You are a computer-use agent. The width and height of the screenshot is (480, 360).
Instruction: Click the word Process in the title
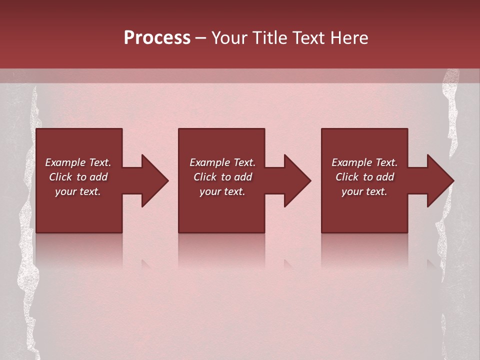click(157, 38)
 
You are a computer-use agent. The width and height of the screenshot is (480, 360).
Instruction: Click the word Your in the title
click(228, 38)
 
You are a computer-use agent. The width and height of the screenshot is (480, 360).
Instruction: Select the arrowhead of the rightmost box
click(440, 181)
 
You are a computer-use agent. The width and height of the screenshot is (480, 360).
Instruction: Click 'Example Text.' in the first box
click(78, 162)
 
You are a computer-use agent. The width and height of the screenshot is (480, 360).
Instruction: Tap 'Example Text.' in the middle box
click(222, 162)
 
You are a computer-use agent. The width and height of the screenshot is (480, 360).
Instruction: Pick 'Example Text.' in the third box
click(364, 162)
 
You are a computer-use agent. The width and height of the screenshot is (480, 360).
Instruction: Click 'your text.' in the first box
click(78, 191)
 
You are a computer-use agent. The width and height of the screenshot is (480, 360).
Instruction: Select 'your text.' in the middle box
click(222, 191)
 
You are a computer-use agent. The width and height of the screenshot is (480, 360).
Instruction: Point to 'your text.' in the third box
click(364, 191)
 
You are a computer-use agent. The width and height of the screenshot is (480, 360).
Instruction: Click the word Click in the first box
click(60, 177)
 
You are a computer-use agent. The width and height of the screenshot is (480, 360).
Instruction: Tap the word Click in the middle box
click(205, 177)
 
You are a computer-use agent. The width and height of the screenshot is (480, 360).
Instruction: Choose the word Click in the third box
click(347, 177)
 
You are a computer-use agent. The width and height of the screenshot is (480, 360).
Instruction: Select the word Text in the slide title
click(305, 38)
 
